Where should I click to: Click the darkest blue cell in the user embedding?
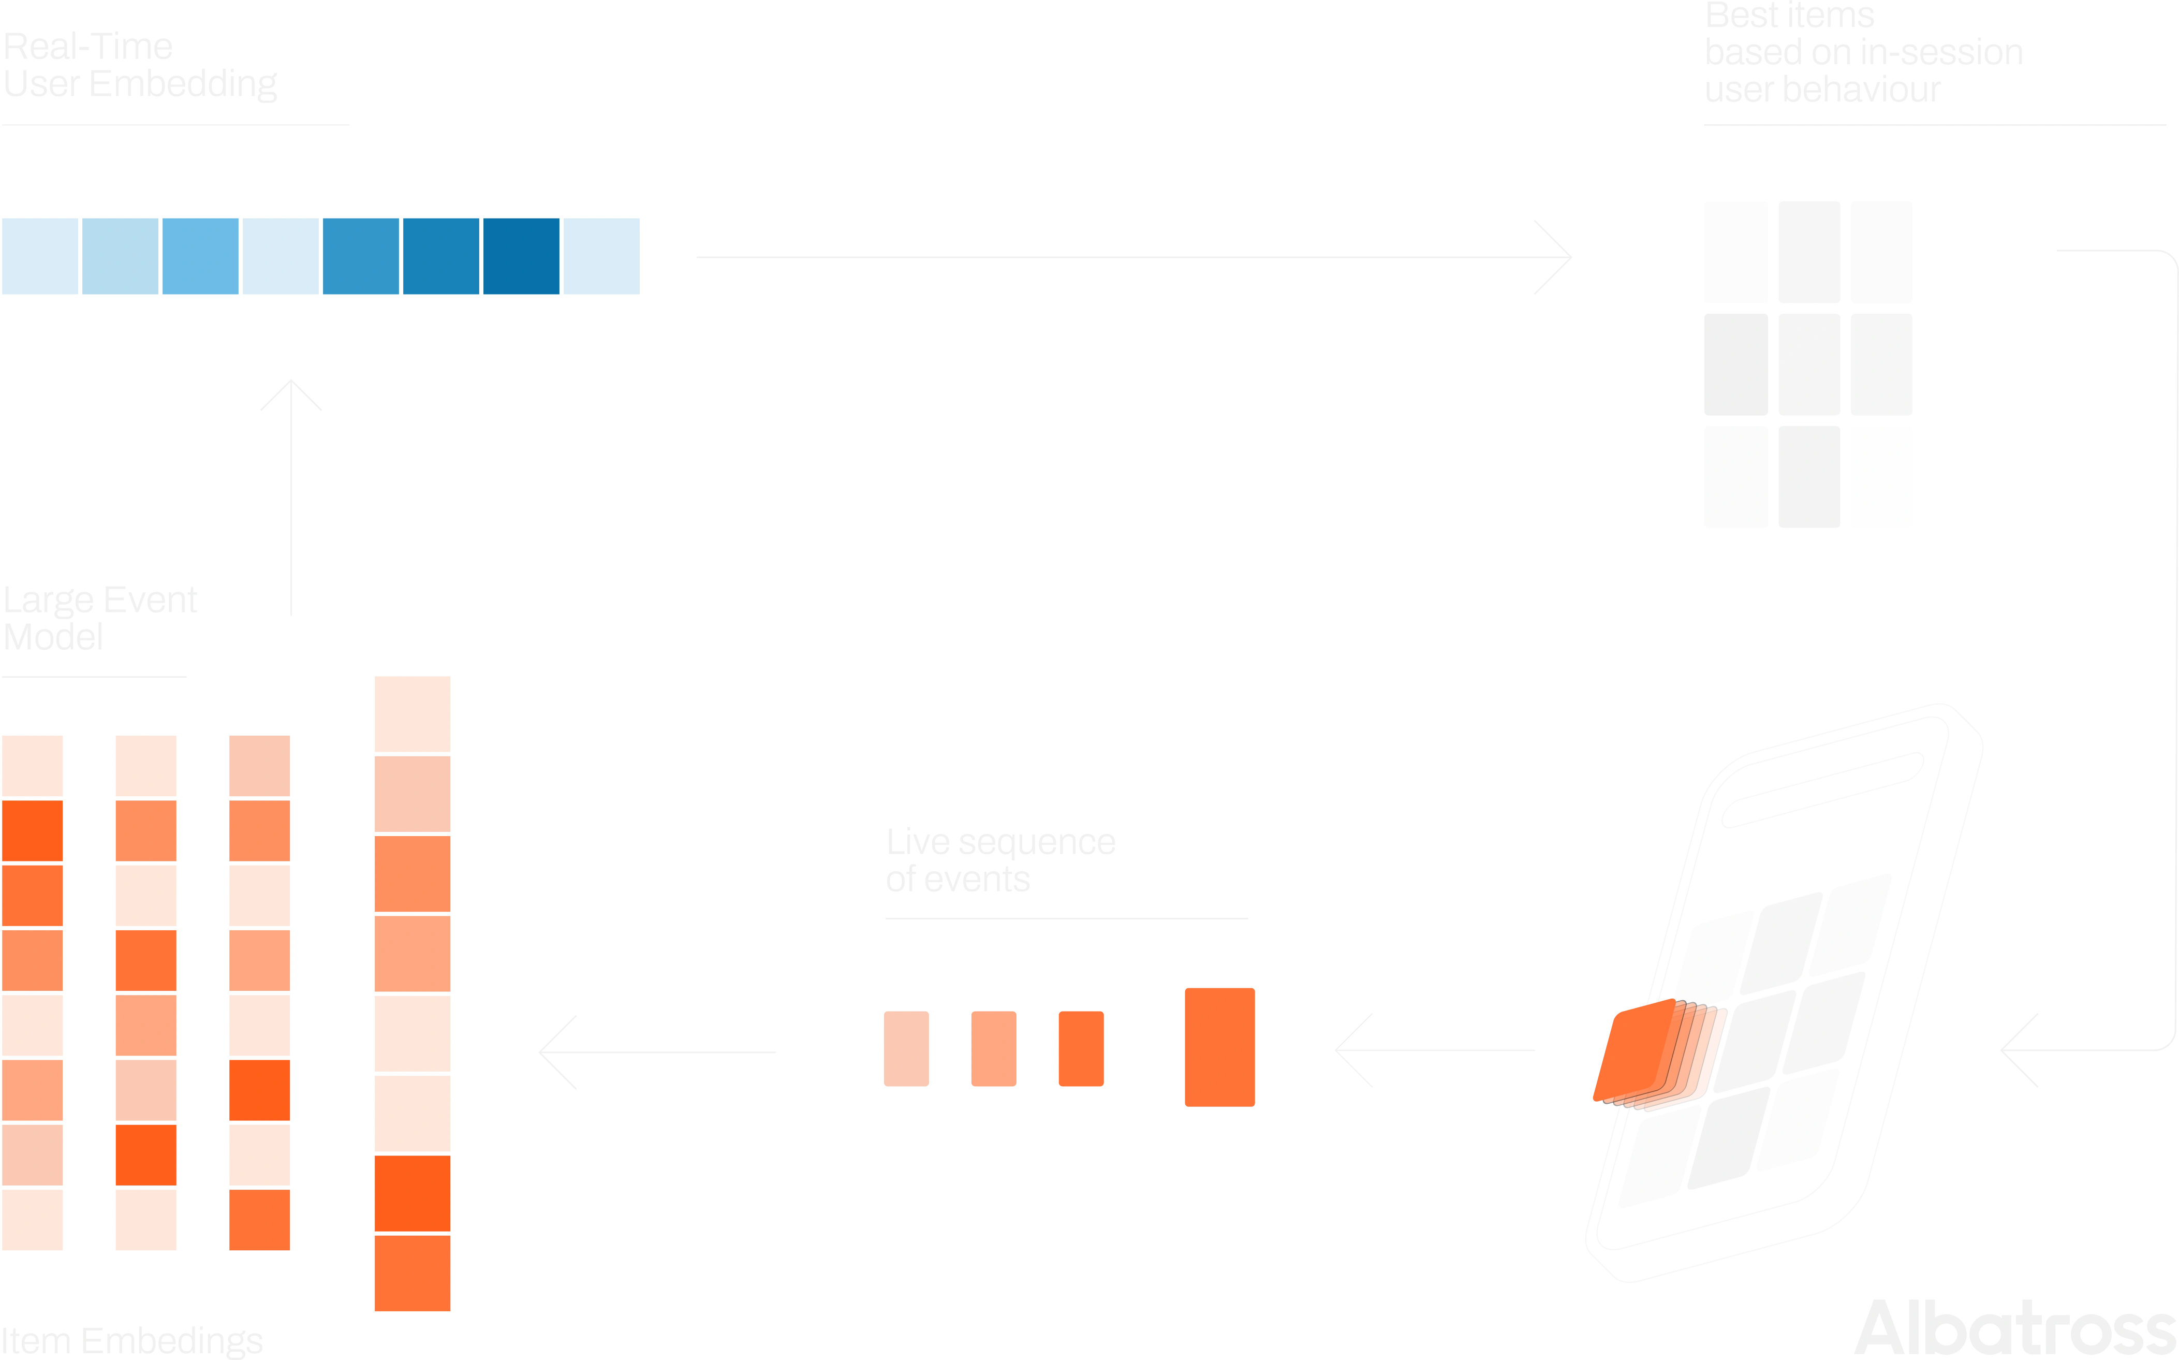tap(522, 256)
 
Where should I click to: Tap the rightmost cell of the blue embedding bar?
tap(601, 256)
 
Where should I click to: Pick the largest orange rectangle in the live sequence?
tap(1220, 1047)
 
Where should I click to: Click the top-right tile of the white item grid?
tap(1881, 252)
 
